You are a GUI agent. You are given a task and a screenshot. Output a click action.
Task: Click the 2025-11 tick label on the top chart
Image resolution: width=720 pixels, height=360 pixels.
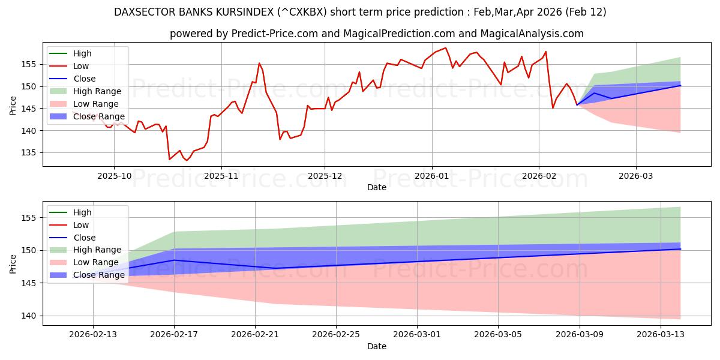221,176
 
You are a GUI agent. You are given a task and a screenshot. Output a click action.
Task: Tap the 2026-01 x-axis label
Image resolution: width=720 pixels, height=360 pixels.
431,176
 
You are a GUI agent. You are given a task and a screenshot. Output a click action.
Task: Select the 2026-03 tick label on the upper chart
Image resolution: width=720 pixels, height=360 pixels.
636,176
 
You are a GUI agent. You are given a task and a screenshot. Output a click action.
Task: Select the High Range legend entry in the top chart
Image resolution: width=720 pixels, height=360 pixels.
97,91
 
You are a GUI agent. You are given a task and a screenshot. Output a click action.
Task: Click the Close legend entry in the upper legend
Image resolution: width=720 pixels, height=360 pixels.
85,79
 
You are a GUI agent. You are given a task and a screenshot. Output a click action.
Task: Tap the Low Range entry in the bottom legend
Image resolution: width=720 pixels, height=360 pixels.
96,262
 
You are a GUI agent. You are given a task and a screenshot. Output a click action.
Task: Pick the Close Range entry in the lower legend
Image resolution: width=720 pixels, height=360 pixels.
98,275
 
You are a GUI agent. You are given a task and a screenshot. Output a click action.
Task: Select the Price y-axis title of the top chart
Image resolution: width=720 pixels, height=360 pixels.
13,106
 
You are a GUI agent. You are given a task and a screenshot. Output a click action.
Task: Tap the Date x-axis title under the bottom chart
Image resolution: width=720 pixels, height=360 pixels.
377,346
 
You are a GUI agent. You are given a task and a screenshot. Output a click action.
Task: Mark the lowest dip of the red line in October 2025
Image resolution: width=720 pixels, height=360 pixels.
187,160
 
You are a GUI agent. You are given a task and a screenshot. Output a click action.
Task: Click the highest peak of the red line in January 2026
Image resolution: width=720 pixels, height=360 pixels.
445,48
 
